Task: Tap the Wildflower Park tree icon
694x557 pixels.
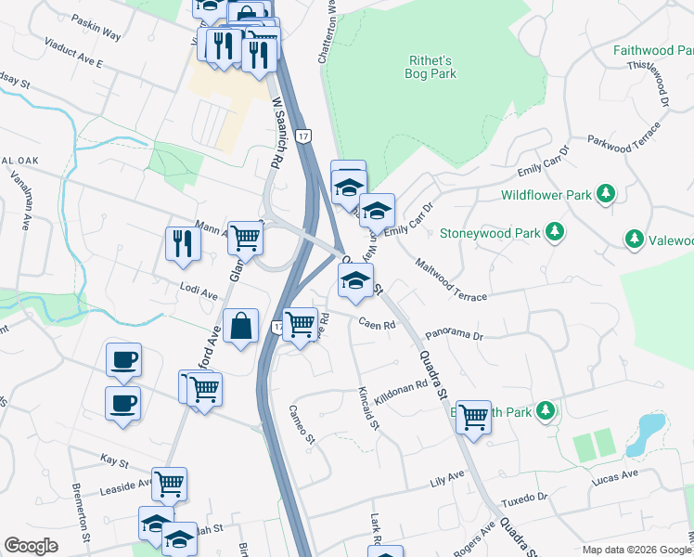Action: [606, 193]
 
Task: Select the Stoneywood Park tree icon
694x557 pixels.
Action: [555, 230]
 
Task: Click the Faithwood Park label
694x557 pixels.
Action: [653, 51]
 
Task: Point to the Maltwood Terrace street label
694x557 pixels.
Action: [451, 280]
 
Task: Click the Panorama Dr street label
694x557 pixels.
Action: [455, 334]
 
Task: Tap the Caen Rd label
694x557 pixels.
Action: [378, 325]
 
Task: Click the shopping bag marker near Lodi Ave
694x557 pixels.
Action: [240, 327]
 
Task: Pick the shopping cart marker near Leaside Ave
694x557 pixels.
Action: [170, 484]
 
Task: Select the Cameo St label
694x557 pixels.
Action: [303, 424]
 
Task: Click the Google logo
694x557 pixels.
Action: [31, 546]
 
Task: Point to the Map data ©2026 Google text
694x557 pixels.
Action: [636, 550]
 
